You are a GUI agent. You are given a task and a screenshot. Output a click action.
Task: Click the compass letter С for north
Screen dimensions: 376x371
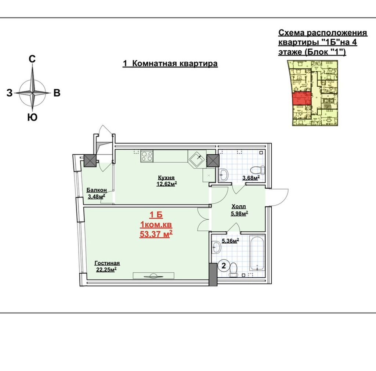click(32, 59)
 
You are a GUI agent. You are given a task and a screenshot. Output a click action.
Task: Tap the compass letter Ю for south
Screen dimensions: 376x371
click(32, 117)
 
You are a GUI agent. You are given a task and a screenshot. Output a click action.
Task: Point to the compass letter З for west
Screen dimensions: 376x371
click(9, 93)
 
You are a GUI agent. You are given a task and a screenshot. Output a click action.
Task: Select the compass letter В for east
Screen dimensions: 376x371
click(57, 93)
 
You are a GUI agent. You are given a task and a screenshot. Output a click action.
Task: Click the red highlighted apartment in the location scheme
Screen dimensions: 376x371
click(302, 98)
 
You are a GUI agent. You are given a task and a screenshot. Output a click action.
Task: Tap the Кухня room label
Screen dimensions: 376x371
click(166, 178)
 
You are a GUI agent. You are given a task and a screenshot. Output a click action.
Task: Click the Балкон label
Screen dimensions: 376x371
click(97, 190)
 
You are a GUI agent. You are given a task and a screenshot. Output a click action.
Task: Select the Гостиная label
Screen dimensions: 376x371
click(107, 263)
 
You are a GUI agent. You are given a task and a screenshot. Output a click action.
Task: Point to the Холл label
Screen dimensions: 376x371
click(239, 206)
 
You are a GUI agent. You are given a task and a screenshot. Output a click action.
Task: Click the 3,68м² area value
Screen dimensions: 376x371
click(251, 178)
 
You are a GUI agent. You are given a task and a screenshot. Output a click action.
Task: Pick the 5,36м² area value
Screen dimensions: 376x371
click(230, 241)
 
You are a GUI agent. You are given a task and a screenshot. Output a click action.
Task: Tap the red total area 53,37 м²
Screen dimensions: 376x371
click(156, 234)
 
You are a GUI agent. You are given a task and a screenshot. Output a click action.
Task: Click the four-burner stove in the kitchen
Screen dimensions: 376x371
click(147, 156)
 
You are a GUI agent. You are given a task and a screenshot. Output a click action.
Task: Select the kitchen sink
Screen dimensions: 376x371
click(197, 159)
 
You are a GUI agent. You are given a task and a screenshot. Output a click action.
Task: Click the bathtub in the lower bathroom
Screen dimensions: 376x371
click(257, 256)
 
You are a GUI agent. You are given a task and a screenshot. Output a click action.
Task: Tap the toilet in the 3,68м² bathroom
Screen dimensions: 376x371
click(257, 170)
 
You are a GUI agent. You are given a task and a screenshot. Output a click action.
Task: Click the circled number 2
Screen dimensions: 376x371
click(224, 266)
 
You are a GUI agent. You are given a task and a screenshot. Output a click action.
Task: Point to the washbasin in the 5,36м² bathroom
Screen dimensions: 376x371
click(216, 247)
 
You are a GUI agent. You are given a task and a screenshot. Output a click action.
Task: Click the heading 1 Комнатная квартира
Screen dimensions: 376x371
click(170, 64)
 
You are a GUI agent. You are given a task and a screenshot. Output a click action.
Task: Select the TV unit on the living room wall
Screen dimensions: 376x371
click(153, 276)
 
